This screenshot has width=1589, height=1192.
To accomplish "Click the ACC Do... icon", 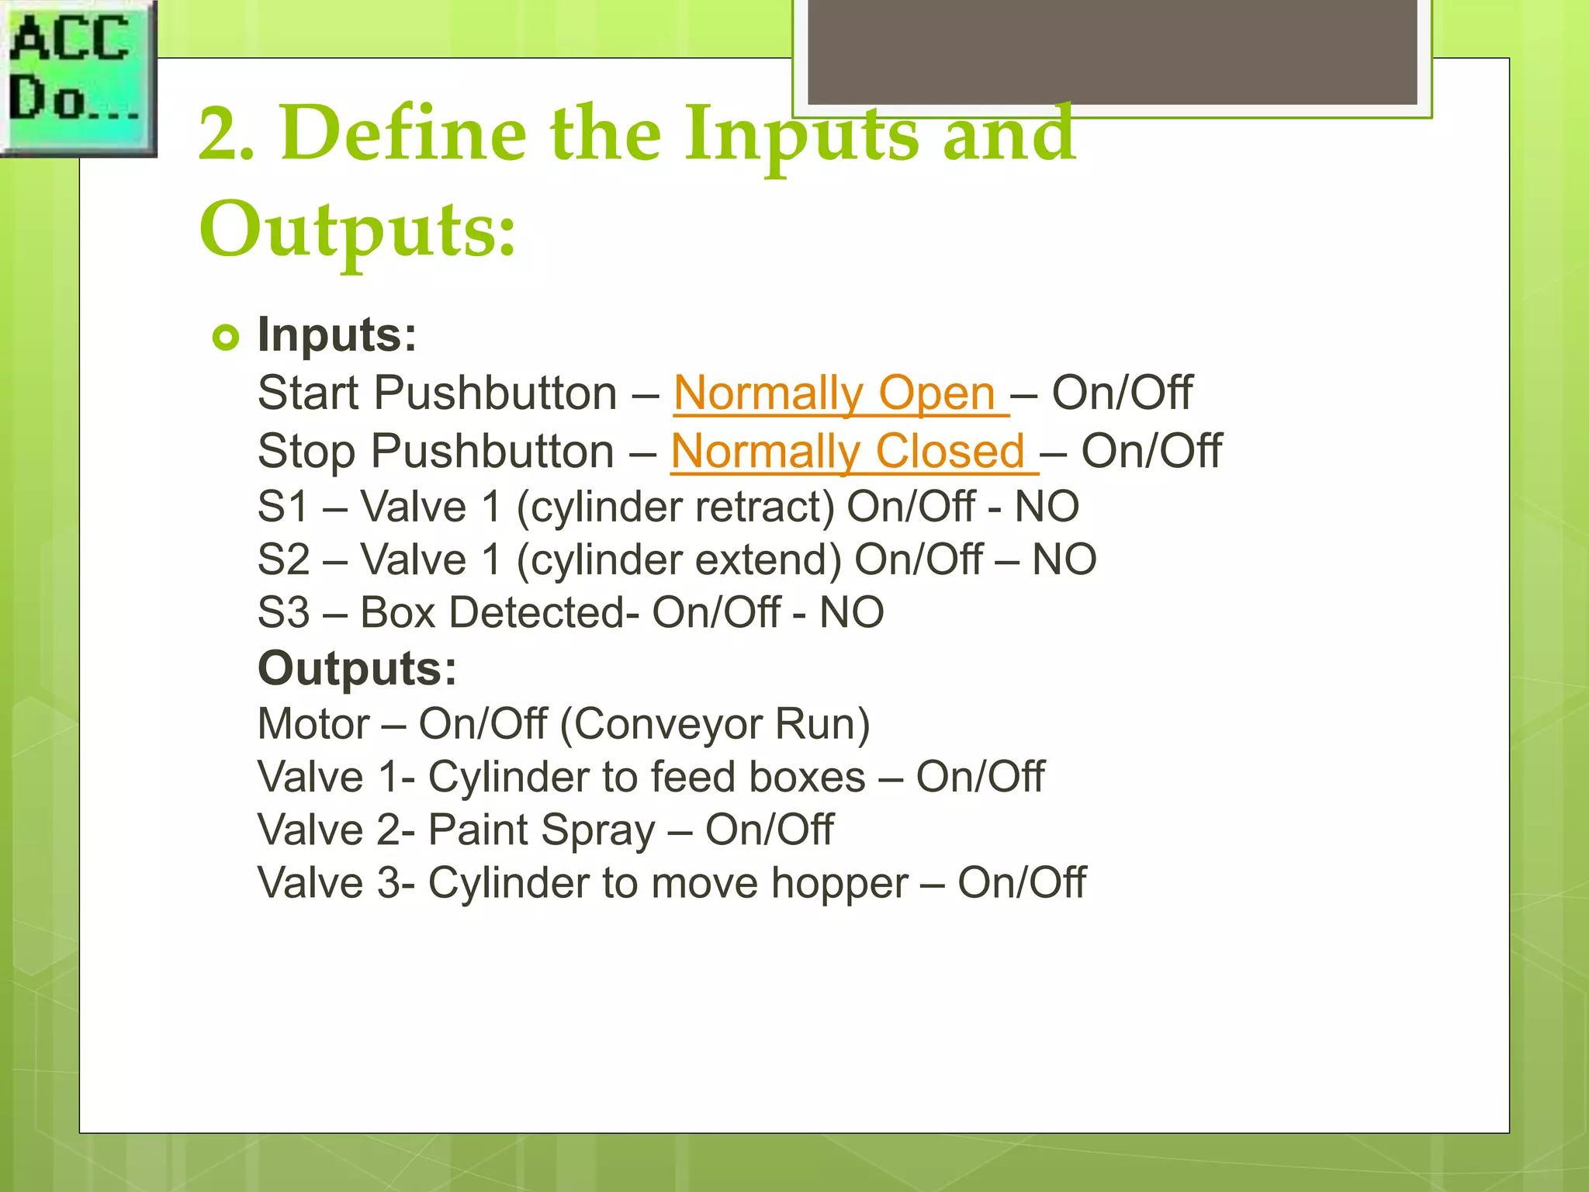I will click(x=78, y=78).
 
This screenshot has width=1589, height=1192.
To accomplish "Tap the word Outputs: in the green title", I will click(x=358, y=230).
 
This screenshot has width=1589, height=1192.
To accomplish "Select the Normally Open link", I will click(x=840, y=393).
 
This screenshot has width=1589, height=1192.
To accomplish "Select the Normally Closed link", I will click(x=853, y=452).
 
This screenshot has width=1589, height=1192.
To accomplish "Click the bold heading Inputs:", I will click(x=337, y=335).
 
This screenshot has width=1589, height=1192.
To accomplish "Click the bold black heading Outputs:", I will click(x=357, y=668).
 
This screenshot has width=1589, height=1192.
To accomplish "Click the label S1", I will click(x=282, y=507).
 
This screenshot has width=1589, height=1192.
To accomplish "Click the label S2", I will click(x=282, y=560).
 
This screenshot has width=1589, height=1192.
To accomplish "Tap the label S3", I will click(x=282, y=613).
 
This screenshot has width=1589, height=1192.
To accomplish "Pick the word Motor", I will click(x=313, y=724).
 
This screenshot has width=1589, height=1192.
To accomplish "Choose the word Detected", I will click(x=536, y=613).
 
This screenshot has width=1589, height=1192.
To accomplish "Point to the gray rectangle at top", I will click(x=1112, y=51).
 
